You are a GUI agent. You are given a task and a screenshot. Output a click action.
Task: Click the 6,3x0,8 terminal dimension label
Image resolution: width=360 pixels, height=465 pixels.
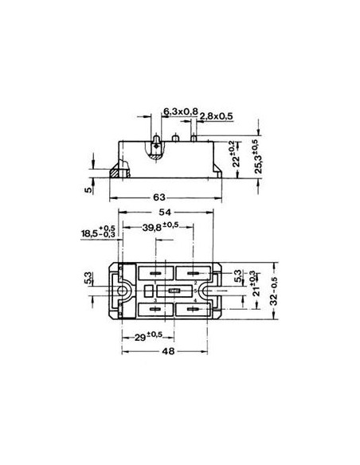180,111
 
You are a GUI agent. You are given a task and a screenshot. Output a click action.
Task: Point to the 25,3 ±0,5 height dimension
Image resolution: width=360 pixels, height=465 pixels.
255,159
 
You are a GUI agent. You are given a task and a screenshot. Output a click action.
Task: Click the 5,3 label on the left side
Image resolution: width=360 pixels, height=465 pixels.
88,279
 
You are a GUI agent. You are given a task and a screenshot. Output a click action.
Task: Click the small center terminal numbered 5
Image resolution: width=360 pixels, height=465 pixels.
174,291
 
